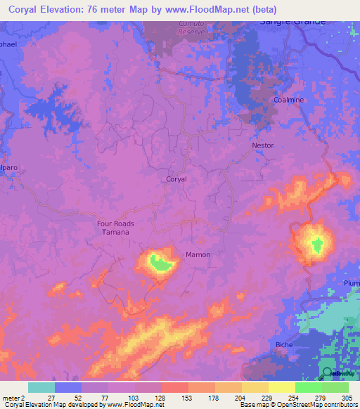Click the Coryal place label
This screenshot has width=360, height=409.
pyautogui.click(x=176, y=179)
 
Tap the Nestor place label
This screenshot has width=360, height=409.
pyautogui.click(x=262, y=145)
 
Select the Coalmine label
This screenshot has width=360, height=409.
pyautogui.click(x=288, y=100)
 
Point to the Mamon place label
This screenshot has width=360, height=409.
pyautogui.click(x=198, y=254)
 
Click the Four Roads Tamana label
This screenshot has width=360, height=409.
pyautogui.click(x=115, y=227)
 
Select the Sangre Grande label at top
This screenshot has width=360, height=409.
pyautogui.click(x=293, y=21)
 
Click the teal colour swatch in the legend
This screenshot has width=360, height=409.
pyautogui.click(x=41, y=387)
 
